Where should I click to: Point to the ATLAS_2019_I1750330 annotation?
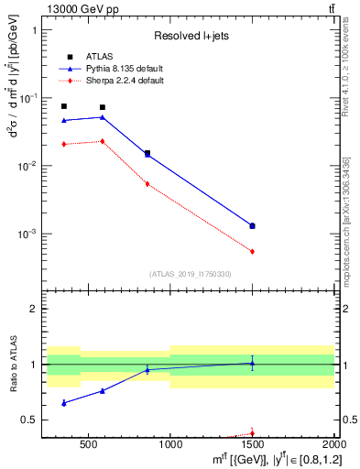click(x=191, y=274)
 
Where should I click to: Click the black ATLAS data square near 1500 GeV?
click(x=252, y=225)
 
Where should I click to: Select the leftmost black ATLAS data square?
click(x=63, y=106)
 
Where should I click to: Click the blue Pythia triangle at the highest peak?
click(x=102, y=117)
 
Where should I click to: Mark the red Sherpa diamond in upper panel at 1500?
click(x=252, y=251)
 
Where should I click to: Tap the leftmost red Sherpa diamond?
click(x=63, y=144)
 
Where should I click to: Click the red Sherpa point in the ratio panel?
click(x=252, y=433)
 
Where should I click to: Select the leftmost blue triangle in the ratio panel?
click(x=63, y=403)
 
